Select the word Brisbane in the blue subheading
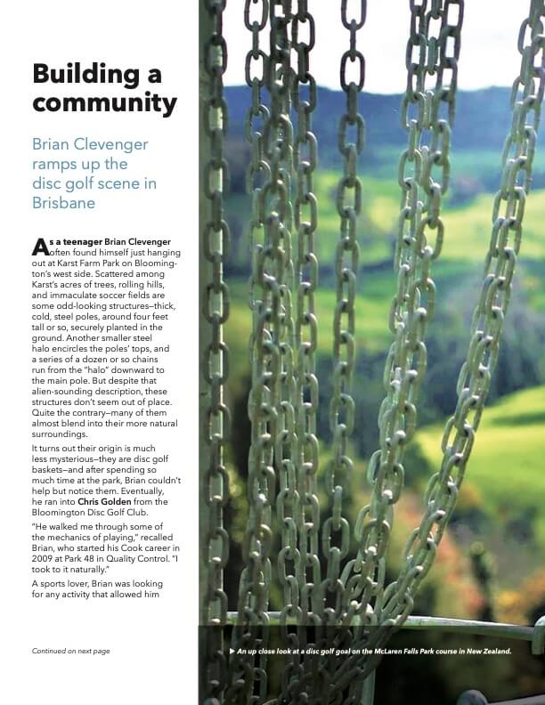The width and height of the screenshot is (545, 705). (64, 202)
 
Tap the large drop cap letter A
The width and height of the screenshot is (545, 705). (39, 246)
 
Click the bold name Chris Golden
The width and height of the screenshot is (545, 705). (111, 502)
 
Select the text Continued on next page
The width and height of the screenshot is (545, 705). (70, 651)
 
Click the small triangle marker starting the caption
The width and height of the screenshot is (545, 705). (232, 651)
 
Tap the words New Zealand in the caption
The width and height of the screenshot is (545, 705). (487, 651)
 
